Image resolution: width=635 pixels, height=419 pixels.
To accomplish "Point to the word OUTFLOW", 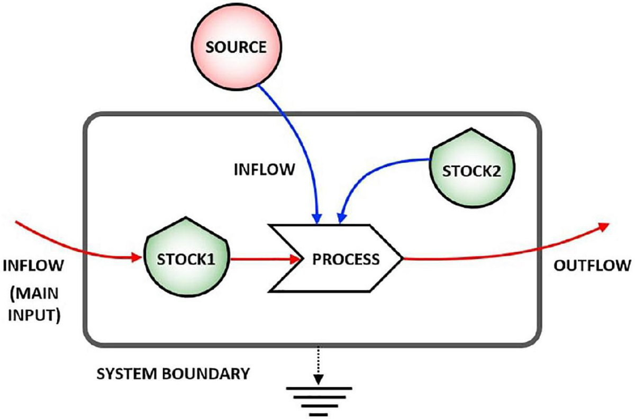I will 592,265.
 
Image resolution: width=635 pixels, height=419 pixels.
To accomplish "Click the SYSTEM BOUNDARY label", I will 172,374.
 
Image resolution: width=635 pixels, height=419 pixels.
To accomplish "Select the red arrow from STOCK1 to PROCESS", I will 259,259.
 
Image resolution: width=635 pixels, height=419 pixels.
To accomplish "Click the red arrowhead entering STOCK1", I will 139,258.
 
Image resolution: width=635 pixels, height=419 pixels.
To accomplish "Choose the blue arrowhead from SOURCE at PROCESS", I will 317,217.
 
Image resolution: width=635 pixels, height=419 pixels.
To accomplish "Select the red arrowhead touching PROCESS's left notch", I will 295,259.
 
